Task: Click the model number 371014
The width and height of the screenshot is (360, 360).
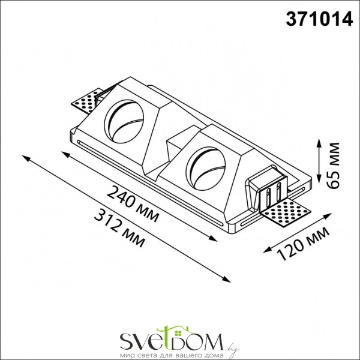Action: pyautogui.click(x=319, y=19)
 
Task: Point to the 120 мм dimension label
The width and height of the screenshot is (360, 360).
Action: pyautogui.click(x=304, y=244)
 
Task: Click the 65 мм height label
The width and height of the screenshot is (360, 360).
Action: pyautogui.click(x=333, y=166)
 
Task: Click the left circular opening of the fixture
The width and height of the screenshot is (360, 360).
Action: pyautogui.click(x=124, y=120)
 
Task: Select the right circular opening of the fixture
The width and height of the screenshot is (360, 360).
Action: pyautogui.click(x=206, y=169)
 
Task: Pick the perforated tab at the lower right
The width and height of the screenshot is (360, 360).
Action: pyautogui.click(x=285, y=212)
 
